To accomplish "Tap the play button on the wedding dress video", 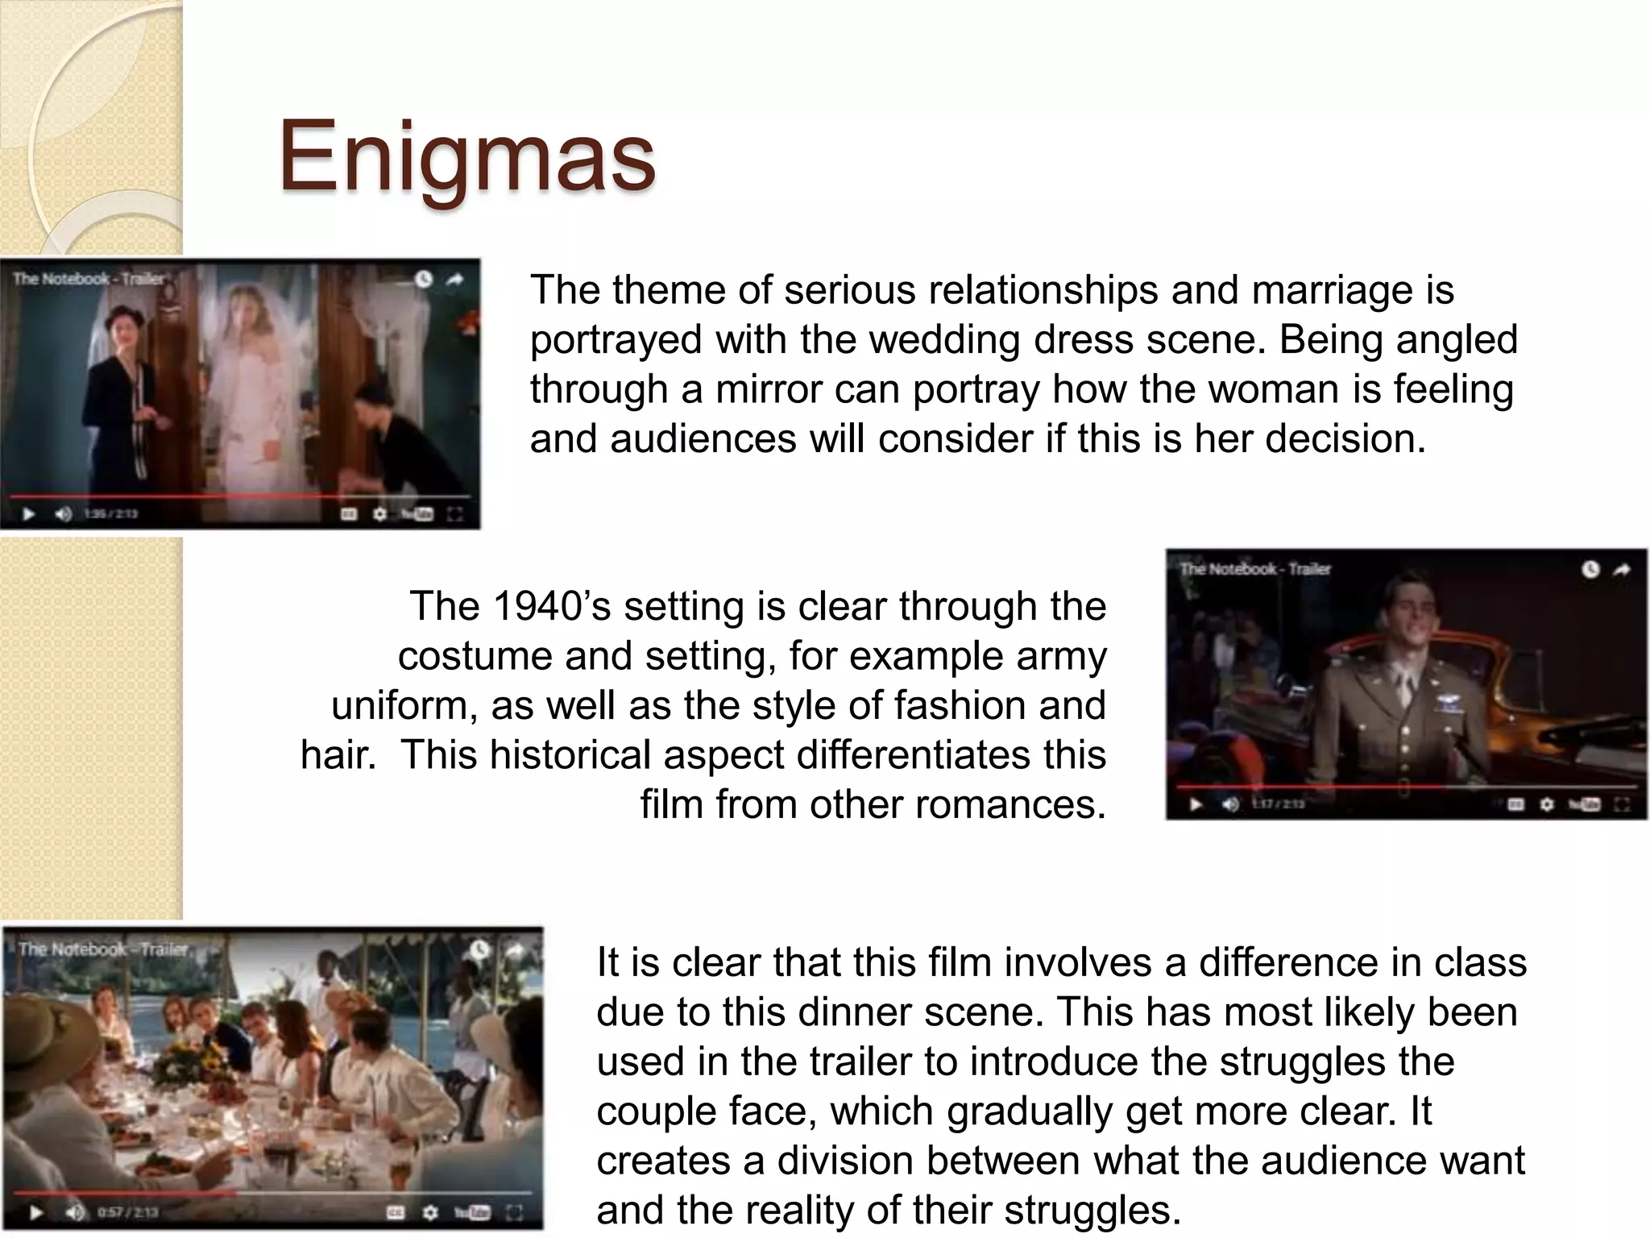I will [x=29, y=513].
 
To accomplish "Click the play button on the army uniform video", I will [x=1196, y=804].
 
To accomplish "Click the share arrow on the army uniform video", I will [x=1621, y=570].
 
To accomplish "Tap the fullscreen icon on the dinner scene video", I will [x=514, y=1211].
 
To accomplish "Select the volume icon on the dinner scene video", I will [x=74, y=1211].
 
